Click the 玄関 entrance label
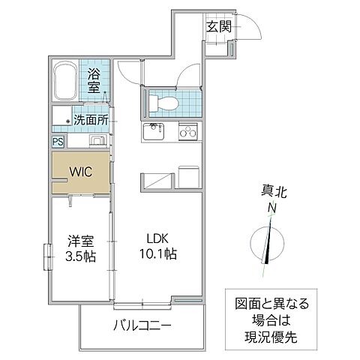click(220, 26)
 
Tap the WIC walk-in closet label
click(82, 171)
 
